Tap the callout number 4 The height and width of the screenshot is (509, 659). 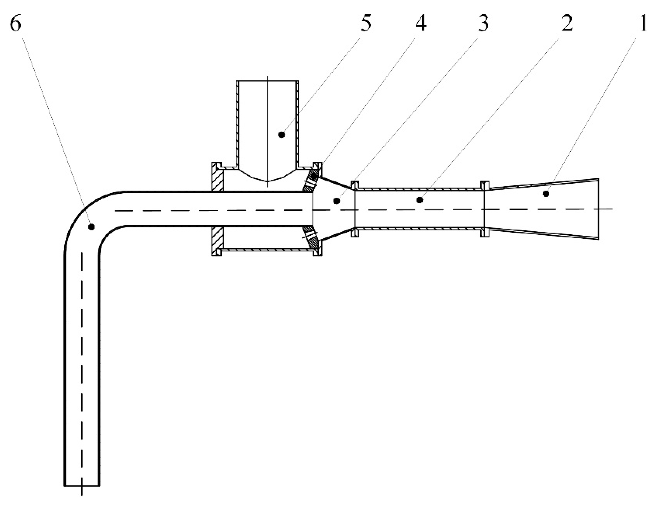(x=421, y=24)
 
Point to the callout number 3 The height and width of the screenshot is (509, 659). (x=483, y=24)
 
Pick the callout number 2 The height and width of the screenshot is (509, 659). (x=567, y=24)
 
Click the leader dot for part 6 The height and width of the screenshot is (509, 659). (x=92, y=226)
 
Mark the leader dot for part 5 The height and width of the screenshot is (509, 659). (x=281, y=135)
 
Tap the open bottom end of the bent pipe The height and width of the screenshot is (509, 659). (x=82, y=486)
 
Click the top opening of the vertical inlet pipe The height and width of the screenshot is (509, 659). (x=267, y=81)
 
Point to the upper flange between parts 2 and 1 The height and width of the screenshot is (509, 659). (x=485, y=185)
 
